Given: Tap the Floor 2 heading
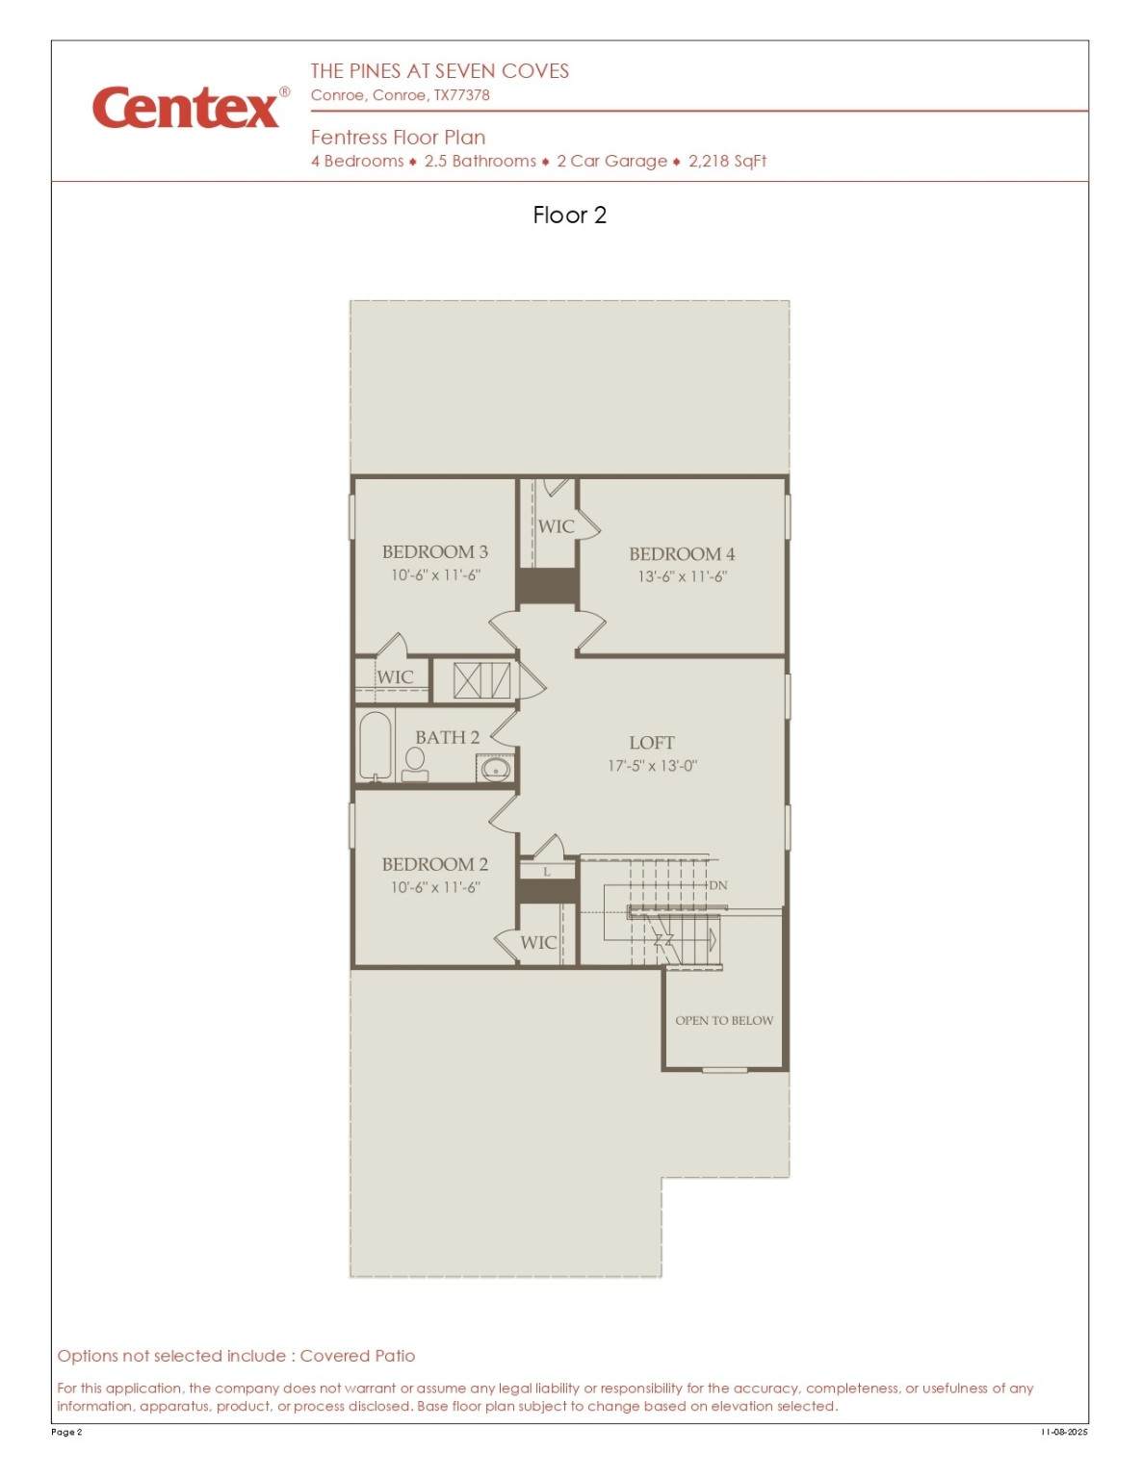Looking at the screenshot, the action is click(x=570, y=215).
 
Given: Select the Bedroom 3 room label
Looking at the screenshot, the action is click(x=435, y=551).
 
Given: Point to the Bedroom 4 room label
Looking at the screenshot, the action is click(x=682, y=554).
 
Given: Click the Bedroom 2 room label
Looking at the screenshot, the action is click(x=435, y=864).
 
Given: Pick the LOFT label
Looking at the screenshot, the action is click(x=652, y=743).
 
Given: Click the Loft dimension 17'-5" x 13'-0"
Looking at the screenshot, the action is click(x=653, y=766).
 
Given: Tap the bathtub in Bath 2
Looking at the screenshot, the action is click(x=375, y=746).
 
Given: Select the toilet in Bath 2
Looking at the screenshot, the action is click(x=414, y=765).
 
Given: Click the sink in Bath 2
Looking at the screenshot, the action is click(x=495, y=769).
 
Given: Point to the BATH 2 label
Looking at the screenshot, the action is click(x=447, y=737).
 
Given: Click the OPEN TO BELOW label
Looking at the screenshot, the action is click(x=724, y=1020).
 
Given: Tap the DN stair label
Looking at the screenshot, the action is click(x=718, y=885).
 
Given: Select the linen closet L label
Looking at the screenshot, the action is click(x=547, y=872).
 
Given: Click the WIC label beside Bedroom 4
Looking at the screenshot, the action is click(x=556, y=526).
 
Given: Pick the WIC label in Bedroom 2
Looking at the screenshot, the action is click(x=538, y=943).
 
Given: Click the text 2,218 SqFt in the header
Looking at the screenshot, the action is click(x=728, y=162).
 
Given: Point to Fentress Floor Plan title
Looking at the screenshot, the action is click(x=398, y=138).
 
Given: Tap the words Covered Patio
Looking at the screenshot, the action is click(x=357, y=1356).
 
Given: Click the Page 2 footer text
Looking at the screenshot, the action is click(x=66, y=1432).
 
